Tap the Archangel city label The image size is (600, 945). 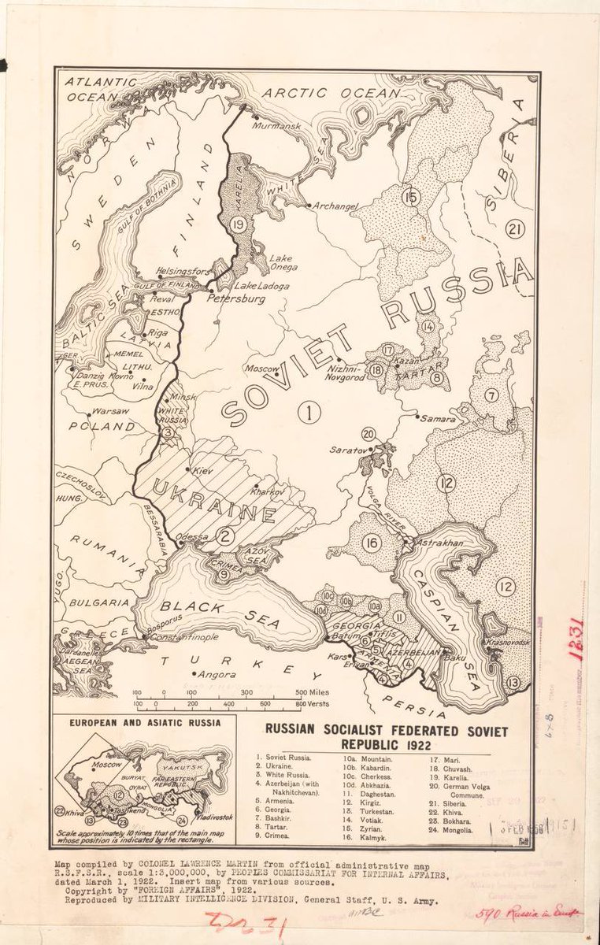(336, 206)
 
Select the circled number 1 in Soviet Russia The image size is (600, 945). (309, 410)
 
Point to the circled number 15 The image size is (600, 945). (409, 197)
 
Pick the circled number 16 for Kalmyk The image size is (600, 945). (372, 543)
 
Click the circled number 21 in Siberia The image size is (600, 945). (515, 230)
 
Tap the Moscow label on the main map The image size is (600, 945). (263, 368)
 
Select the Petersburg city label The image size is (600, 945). (235, 299)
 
